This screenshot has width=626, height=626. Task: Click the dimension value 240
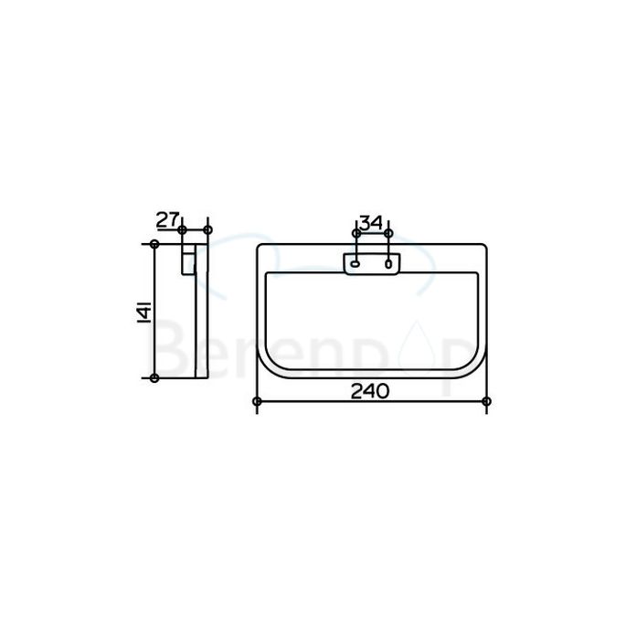[x=369, y=390]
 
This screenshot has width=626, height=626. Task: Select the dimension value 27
[x=165, y=219]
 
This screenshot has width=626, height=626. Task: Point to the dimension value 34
[x=370, y=223]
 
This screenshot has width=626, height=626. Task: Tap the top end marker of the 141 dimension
[x=154, y=243]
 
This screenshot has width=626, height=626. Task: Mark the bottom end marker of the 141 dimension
[x=154, y=377]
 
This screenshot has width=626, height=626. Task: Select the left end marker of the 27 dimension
[x=183, y=228]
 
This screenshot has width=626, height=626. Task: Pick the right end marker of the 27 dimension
[x=207, y=228]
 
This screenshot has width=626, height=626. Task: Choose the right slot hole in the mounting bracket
[x=388, y=265]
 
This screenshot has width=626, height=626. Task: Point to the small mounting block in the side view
[x=189, y=260]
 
